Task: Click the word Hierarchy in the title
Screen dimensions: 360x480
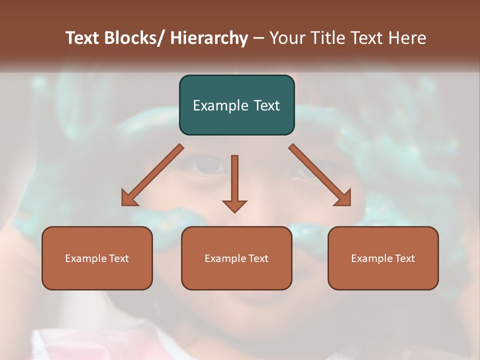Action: (209, 38)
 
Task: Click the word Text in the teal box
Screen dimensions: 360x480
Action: (267, 105)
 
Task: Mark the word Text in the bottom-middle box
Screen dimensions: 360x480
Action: (258, 258)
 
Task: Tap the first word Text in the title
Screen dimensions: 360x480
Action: (83, 38)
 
